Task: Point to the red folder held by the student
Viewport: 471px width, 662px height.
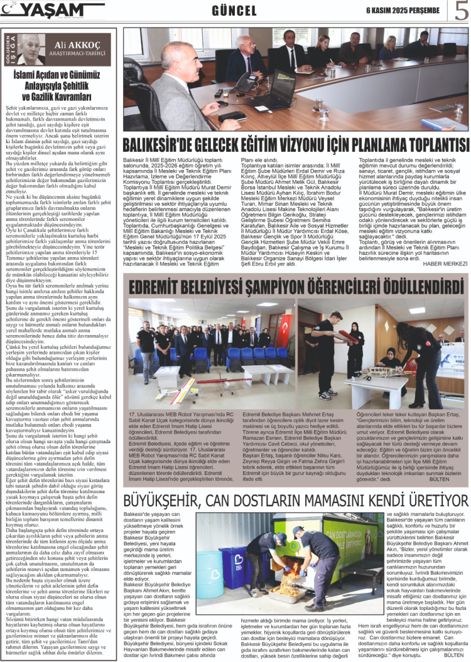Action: coord(345,336)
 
